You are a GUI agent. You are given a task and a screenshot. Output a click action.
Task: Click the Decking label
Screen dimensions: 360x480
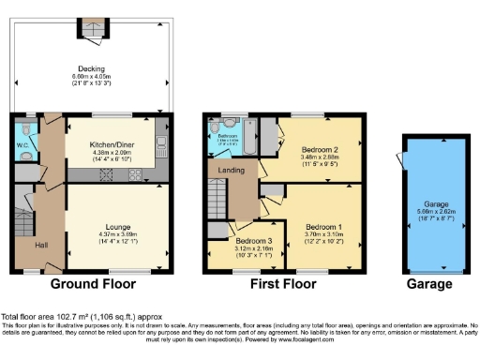click(x=91, y=67)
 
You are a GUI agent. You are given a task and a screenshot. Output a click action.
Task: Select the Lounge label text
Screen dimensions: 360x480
click(x=117, y=226)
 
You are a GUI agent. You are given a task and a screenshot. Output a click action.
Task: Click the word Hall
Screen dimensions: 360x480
click(x=41, y=245)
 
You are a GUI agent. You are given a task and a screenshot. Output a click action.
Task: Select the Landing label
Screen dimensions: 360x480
click(x=232, y=170)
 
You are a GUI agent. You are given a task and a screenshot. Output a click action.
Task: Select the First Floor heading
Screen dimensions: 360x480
click(x=283, y=281)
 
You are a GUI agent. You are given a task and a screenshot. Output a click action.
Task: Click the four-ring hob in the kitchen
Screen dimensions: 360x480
click(x=134, y=174)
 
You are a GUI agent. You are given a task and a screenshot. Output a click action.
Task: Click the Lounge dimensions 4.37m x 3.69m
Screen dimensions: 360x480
click(x=117, y=236)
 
